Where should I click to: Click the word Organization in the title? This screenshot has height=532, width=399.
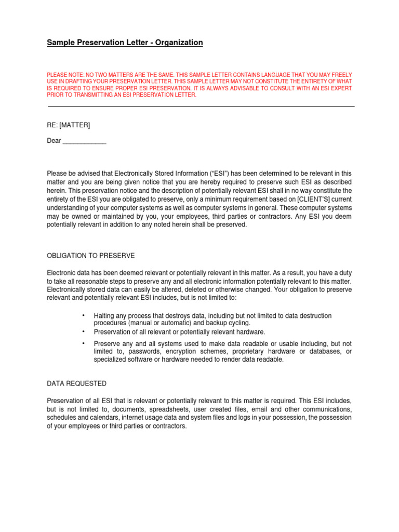point(178,43)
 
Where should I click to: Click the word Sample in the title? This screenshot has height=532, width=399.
point(60,43)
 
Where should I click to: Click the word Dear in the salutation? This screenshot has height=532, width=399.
point(54,141)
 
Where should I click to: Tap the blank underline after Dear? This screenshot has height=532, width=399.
point(84,142)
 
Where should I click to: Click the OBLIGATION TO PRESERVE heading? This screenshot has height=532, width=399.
point(91,256)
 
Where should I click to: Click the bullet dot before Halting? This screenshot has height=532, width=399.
point(83,315)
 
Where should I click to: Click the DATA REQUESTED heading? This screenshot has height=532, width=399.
point(76,383)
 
